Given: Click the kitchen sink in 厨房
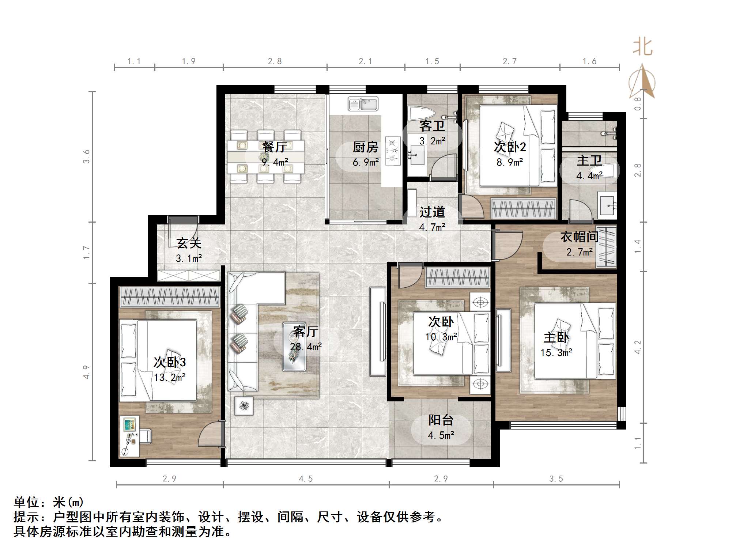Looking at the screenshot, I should pos(363,104).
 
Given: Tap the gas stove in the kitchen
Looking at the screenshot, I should pos(393,150).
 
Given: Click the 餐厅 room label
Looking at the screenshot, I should pos(274,147).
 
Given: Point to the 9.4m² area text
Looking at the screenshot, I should pos(275,162).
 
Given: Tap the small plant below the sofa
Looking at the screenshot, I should pos(244,405).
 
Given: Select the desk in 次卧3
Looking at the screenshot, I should pos(129,436).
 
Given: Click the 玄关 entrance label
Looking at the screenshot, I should pos(189,243).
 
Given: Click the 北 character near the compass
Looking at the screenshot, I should pos(642,48).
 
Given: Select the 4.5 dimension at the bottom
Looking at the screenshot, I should pos(306,479).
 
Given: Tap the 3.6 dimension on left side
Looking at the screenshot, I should pos(86,156).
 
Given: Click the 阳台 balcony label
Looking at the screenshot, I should pos(441,420).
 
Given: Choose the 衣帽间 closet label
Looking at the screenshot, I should pos(579,237).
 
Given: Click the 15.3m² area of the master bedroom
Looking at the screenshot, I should pos(556,353).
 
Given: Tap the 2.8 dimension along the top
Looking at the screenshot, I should pos(275,61).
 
